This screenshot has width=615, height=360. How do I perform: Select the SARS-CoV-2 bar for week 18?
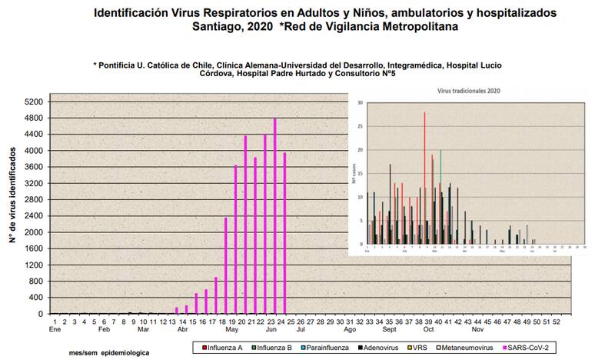(225, 265)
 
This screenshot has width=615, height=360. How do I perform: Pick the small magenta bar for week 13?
(176, 310)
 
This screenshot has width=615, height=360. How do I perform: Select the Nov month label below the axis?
(478, 329)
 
